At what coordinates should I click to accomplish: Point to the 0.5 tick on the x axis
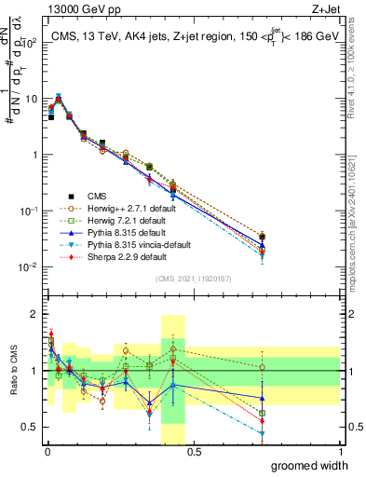[194, 454]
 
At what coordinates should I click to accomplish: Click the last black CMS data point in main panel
[263, 237]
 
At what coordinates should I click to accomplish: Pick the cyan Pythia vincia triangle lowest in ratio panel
[263, 433]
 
